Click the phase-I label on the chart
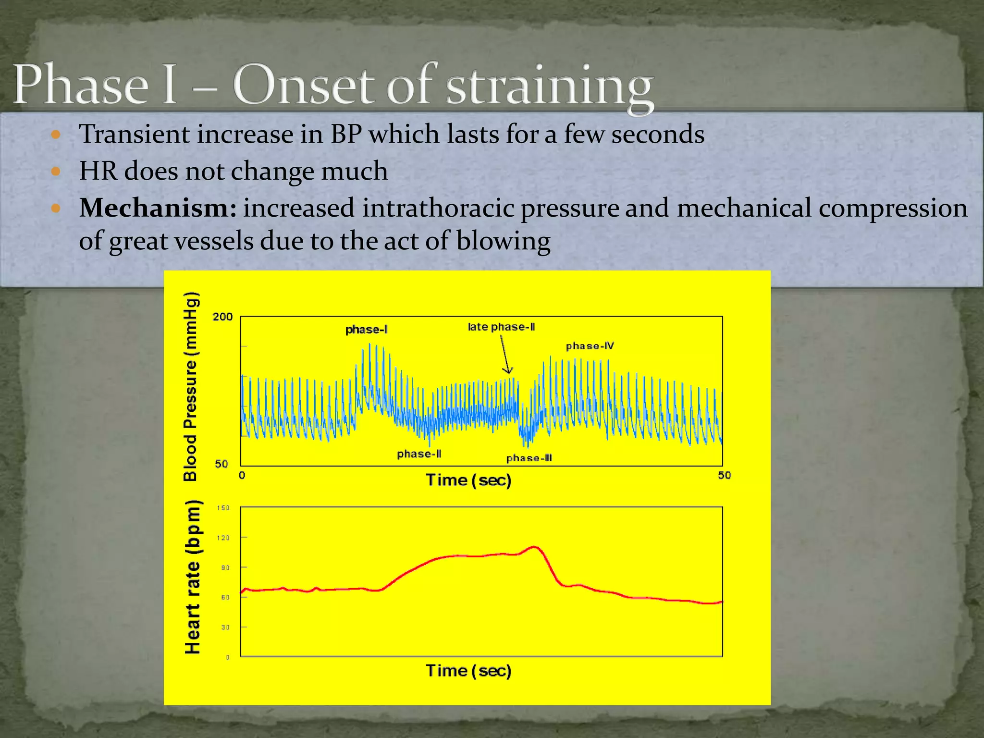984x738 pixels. pos(366,330)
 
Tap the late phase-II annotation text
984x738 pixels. pos(501,327)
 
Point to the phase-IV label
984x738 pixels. pos(590,346)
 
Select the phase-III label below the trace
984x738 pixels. pos(529,458)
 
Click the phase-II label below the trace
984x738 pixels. pos(419,454)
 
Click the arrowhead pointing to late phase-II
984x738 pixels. pos(508,370)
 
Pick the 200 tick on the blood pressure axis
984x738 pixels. pos(222,317)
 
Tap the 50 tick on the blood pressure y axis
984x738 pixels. pos(221,464)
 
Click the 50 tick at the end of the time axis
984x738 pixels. pos(725,475)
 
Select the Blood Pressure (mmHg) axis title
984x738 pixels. pos(191,386)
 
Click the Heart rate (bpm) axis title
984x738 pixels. pos(192,577)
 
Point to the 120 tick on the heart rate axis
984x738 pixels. pos(223,538)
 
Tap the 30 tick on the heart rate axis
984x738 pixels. pos(225,627)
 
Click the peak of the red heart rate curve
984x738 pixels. pos(534,547)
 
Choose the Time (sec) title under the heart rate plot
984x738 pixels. pos(468,670)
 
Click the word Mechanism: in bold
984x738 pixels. pos(158,208)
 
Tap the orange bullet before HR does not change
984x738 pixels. pos(56,171)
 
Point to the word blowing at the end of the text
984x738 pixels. pos(503,241)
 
